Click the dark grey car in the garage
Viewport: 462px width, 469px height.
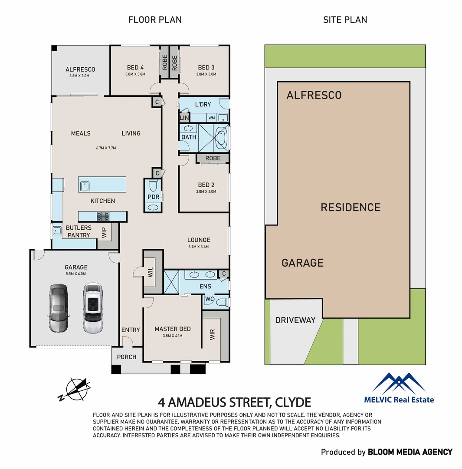pos(59,308)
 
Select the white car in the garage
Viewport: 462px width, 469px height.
pos(92,308)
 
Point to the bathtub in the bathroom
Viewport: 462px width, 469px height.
pos(221,137)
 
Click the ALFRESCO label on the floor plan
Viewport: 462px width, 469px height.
pos(80,69)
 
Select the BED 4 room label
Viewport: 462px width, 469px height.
pos(135,67)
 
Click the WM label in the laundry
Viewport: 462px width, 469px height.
pos(211,118)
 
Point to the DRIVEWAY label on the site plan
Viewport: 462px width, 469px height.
pos(295,320)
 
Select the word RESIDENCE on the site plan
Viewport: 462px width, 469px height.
pos(351,208)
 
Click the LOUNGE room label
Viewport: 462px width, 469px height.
pos(199,240)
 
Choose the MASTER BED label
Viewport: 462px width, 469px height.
pos(173,329)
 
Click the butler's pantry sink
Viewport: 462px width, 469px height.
pos(57,231)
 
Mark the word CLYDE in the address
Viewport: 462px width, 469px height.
pos(291,402)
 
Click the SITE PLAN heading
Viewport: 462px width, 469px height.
pos(345,20)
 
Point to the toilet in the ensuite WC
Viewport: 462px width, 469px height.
pos(221,302)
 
